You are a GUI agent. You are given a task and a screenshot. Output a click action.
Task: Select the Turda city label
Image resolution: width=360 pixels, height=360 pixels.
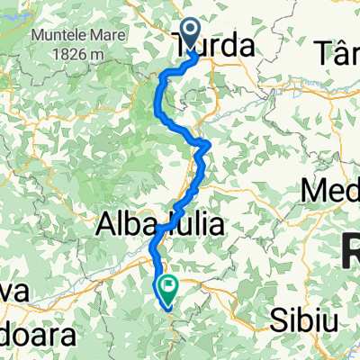pos(213,44)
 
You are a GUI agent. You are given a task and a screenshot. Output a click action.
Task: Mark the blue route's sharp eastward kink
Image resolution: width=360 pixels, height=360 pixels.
pos(208,143)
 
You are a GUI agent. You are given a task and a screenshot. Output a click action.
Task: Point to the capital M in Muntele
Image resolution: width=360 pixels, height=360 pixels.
pos(38,38)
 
